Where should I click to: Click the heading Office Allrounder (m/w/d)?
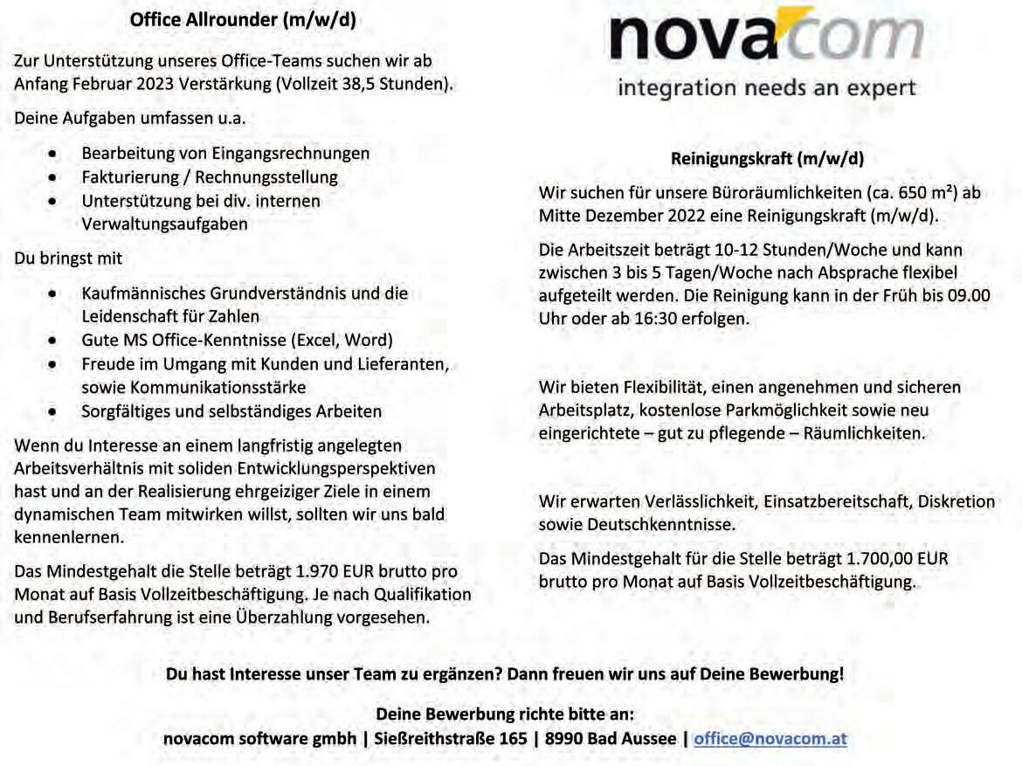(x=243, y=20)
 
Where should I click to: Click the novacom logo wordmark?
(x=766, y=38)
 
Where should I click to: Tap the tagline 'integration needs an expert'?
(x=766, y=88)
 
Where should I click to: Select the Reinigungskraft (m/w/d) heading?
(x=767, y=159)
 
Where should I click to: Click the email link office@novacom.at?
(x=770, y=738)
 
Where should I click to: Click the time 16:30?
(x=657, y=319)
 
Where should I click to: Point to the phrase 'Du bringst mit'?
(x=68, y=259)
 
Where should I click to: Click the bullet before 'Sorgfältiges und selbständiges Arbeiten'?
(x=54, y=411)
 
